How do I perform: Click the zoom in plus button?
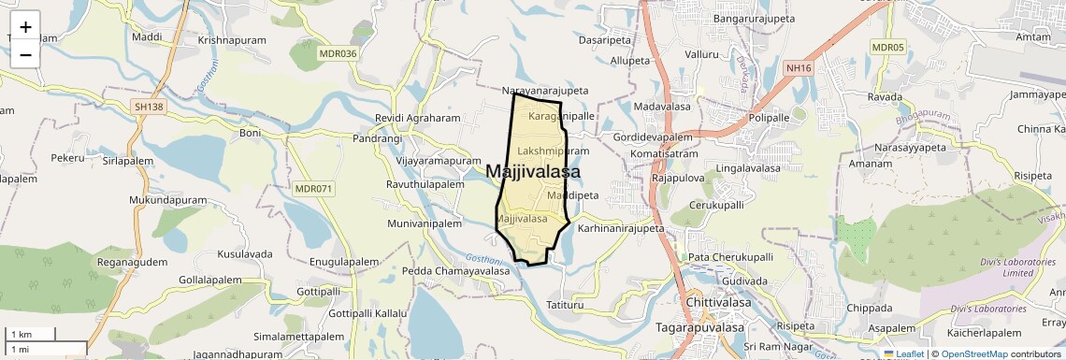click(x=25, y=27)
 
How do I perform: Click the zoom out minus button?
click(x=25, y=54)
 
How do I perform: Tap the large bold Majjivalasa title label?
click(x=533, y=172)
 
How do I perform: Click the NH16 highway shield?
click(x=797, y=67)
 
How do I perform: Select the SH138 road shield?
click(x=148, y=108)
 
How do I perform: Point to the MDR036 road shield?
click(x=338, y=53)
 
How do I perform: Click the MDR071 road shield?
click(x=313, y=189)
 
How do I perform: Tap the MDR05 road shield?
click(x=887, y=48)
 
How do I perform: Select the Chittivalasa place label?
click(x=720, y=304)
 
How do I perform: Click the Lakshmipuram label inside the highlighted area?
click(x=553, y=151)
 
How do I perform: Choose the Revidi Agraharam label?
click(x=418, y=119)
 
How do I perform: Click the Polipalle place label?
click(x=770, y=118)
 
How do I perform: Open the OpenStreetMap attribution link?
click(x=974, y=353)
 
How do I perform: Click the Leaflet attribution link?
click(x=903, y=353)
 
